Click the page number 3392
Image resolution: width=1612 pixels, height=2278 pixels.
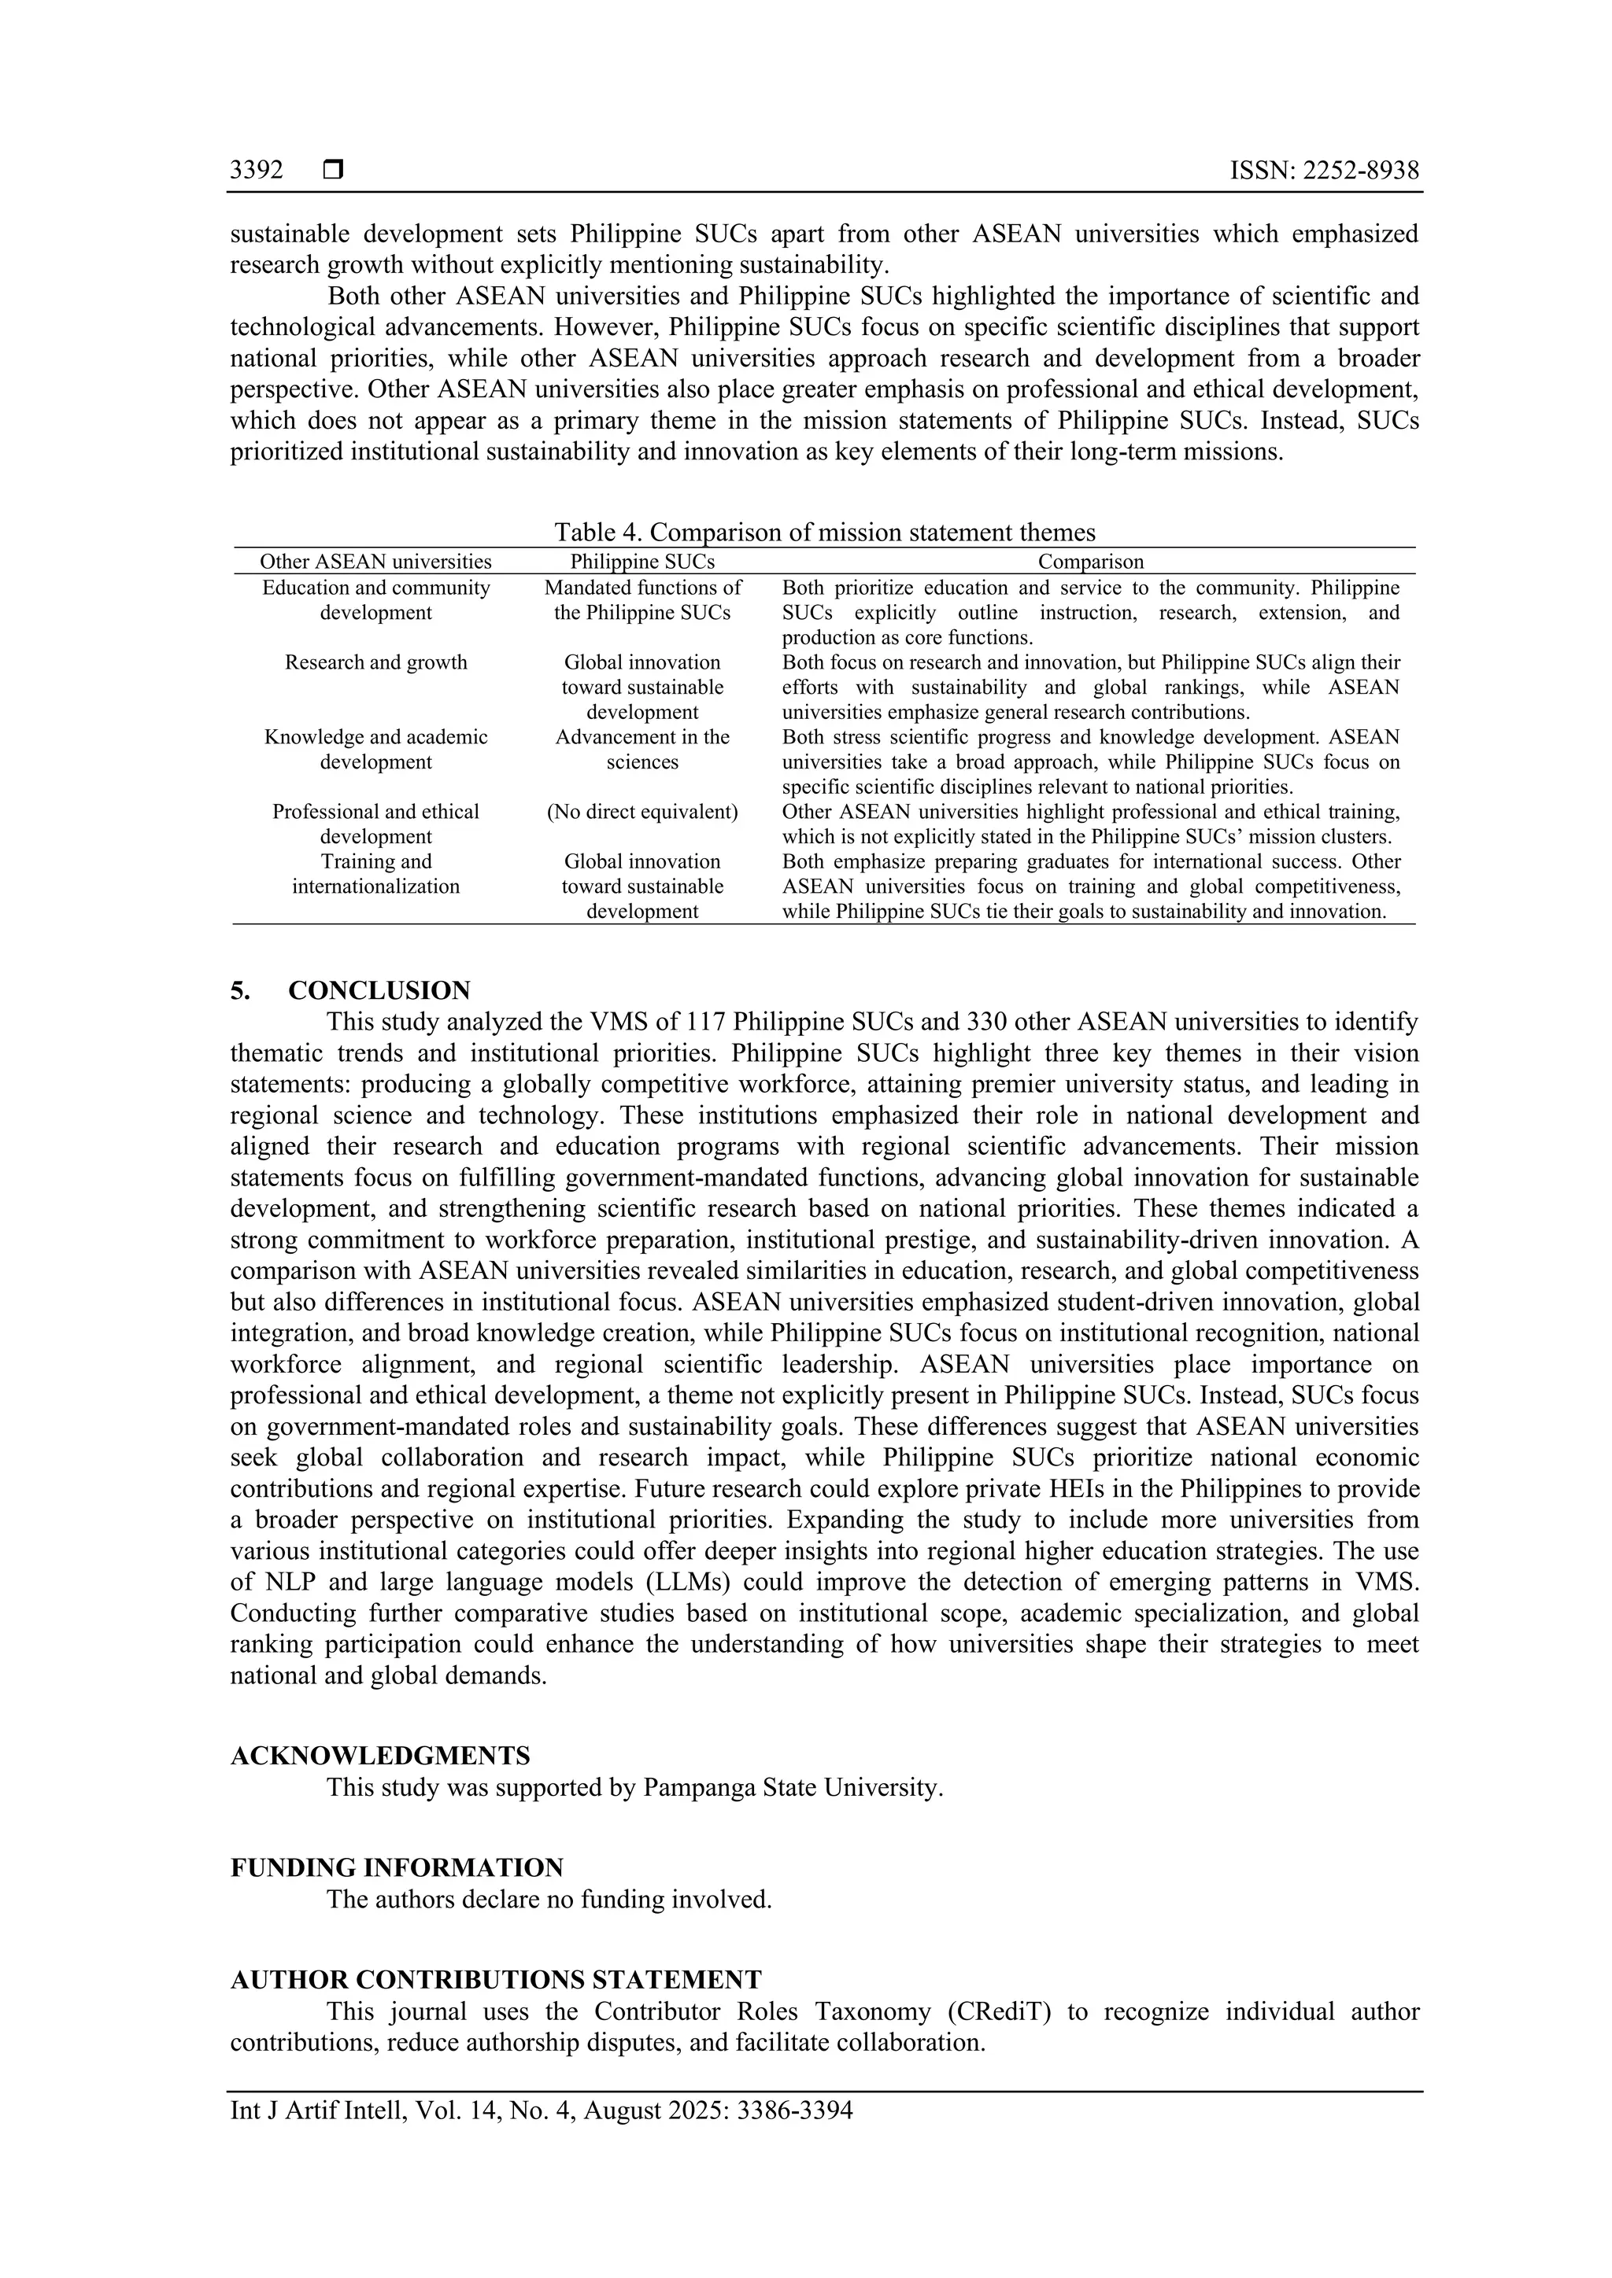tap(256, 171)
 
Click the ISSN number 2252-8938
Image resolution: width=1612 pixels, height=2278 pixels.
tap(1361, 171)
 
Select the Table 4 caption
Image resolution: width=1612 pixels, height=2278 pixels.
tap(824, 532)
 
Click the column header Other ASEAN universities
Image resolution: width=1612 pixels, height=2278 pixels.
tap(375, 562)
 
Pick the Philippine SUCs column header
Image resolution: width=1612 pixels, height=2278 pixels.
tap(642, 562)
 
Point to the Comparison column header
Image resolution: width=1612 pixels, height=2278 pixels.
tap(1090, 562)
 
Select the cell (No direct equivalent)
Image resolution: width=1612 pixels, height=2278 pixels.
tap(642, 812)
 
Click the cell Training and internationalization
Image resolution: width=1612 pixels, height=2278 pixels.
tap(375, 873)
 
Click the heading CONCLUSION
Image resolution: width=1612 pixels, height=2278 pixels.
tap(379, 990)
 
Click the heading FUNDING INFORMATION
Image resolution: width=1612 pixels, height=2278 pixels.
tap(397, 1867)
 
